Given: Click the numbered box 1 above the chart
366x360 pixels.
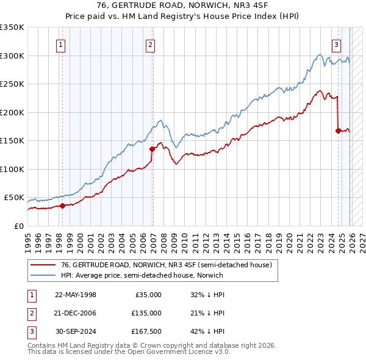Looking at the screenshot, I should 62,44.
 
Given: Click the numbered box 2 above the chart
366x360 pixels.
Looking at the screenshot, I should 150,44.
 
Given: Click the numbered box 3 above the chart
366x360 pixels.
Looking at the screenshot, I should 336,44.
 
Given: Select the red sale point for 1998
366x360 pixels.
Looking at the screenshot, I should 62,206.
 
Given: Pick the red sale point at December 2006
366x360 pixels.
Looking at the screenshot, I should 152,148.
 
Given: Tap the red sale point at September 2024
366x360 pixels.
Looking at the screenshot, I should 337,130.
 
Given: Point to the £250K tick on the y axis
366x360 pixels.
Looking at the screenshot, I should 12,84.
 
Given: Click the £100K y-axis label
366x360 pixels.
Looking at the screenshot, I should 12,169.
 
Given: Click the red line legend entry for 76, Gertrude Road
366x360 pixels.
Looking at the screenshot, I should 161,265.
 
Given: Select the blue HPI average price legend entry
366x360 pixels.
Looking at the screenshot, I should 142,275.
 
